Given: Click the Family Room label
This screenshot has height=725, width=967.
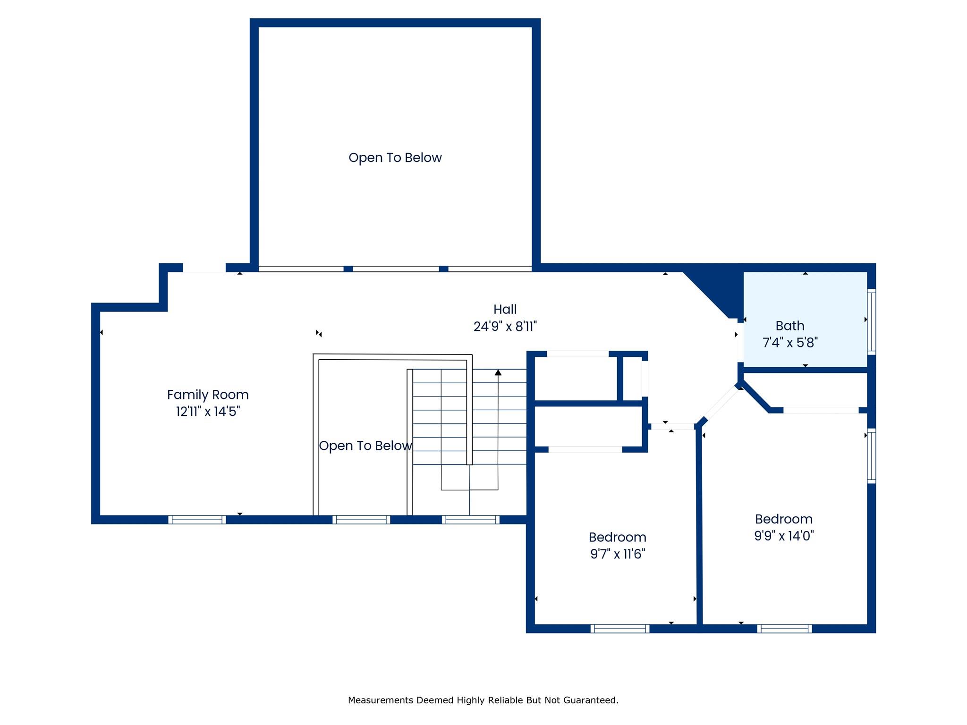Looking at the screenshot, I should [208, 395].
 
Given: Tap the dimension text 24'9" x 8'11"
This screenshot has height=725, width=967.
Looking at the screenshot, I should [505, 326].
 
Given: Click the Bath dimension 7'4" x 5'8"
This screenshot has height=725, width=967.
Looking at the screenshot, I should [790, 342].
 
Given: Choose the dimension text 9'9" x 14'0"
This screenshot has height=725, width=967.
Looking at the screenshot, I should [784, 536].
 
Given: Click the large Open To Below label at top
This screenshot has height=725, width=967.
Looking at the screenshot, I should [395, 158].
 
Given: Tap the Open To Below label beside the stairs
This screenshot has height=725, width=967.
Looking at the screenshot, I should [365, 446].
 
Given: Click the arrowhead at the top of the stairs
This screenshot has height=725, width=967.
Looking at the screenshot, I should [498, 373].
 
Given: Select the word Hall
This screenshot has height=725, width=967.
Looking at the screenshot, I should [505, 310].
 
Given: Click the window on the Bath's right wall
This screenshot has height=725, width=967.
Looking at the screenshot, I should [872, 321].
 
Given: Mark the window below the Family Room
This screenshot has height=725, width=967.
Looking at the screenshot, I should [197, 520].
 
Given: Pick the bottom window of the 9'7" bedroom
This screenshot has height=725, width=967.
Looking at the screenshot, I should [619, 629].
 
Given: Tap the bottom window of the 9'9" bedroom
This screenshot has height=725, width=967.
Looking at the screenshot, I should [784, 629].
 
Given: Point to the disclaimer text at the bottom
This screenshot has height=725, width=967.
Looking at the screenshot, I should [483, 700].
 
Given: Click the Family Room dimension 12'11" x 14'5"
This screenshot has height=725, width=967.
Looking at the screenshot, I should [208, 412].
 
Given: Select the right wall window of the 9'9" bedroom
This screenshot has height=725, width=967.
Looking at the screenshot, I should [872, 456].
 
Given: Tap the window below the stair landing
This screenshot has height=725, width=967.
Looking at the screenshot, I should [471, 520].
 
